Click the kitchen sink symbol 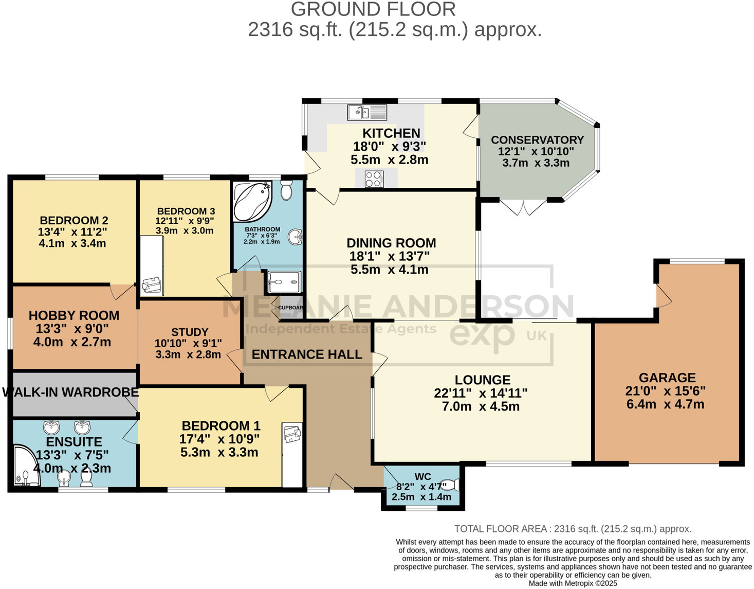[367, 112]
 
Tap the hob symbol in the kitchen [374, 179]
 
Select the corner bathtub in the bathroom [252, 201]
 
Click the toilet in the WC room [451, 485]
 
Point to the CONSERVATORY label [537, 140]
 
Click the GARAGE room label [667, 378]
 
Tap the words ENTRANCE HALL [307, 354]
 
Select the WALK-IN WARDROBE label [70, 392]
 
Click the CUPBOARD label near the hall [290, 308]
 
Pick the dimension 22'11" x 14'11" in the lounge [481, 394]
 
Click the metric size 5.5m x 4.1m [389, 270]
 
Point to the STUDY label [190, 332]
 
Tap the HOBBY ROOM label [74, 315]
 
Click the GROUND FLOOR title [373, 9]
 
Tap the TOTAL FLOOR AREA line [573, 529]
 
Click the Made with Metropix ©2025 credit [573, 583]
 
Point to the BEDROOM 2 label [73, 220]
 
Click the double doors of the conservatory [523, 207]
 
